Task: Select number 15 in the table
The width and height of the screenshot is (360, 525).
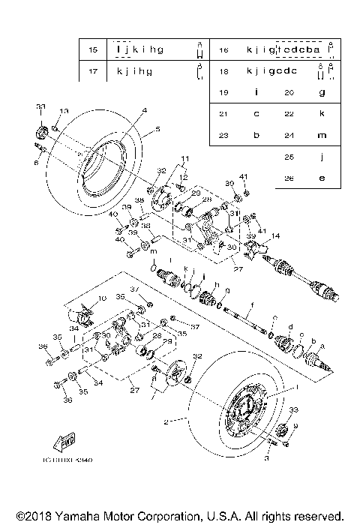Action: (93, 50)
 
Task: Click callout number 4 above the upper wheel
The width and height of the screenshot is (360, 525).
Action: (144, 110)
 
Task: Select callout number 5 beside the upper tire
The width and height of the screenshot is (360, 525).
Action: (157, 129)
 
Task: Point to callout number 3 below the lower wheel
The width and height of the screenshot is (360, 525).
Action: (267, 456)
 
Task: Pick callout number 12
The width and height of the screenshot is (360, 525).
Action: (184, 177)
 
